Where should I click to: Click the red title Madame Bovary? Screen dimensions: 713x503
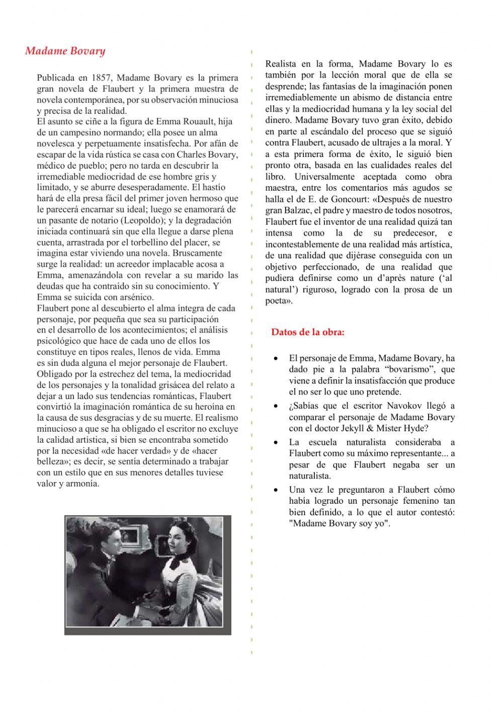pyautogui.click(x=65, y=51)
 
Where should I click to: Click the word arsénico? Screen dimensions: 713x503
pyautogui.click(x=134, y=297)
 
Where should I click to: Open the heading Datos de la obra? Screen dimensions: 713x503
pyautogui.click(x=308, y=332)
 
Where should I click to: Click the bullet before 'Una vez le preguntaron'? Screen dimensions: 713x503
pyautogui.click(x=276, y=490)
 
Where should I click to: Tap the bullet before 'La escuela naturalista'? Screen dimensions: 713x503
pyautogui.click(x=276, y=442)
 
